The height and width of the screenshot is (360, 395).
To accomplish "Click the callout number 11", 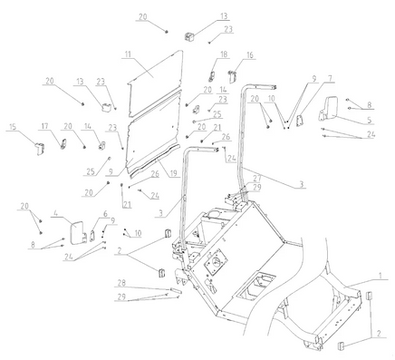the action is point(129,54).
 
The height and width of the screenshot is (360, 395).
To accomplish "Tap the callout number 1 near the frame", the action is point(381,276).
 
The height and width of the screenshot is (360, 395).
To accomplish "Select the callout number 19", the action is point(174,173).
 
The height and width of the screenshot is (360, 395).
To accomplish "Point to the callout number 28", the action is point(121,283).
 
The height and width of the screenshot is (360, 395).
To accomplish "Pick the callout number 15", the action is point(13,127).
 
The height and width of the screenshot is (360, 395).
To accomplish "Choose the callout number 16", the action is point(250,55).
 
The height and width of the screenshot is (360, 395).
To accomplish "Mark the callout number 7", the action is point(330,79).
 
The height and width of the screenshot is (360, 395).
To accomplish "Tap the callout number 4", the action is point(55,213).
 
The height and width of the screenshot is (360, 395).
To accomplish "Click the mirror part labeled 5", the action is point(328,110).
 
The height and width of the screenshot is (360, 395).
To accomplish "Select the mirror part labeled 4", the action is point(78,232).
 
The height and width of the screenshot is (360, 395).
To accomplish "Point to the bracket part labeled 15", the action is point(40,148).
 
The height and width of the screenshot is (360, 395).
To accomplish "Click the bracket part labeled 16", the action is point(232,76).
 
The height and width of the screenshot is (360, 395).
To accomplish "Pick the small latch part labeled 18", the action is point(212,76).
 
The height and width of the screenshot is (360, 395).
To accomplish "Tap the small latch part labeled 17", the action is point(63,143).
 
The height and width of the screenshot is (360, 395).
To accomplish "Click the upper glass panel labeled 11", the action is point(154,83).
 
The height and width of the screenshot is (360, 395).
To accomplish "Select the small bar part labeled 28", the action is point(176,290).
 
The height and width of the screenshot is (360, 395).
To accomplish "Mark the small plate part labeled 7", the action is point(299,121).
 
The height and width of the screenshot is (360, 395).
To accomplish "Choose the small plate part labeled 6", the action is point(92,234).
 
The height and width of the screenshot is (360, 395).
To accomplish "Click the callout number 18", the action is point(224,54).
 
